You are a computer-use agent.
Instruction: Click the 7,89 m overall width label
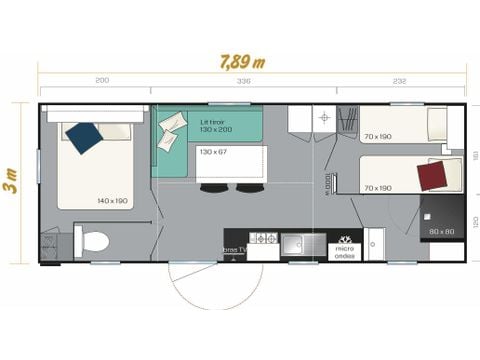tap(241, 61)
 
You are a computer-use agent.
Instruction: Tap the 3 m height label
tap(11, 186)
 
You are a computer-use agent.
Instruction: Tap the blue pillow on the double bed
tap(83, 136)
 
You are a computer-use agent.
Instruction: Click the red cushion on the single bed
tap(432, 176)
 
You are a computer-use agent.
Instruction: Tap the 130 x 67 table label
tap(214, 152)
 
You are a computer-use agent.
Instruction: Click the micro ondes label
tap(345, 249)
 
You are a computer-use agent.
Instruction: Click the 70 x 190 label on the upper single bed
tap(377, 137)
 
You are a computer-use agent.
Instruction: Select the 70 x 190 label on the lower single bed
tap(377, 187)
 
